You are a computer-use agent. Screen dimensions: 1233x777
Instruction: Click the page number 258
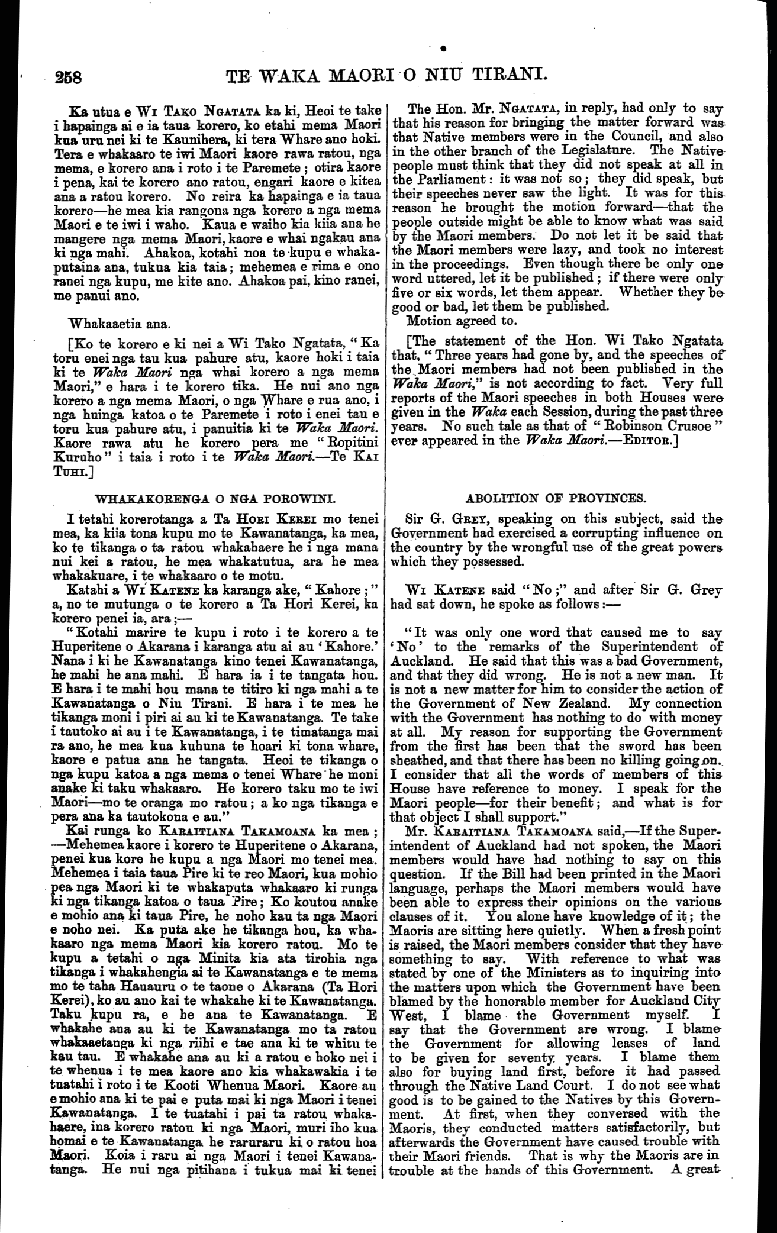tap(70, 77)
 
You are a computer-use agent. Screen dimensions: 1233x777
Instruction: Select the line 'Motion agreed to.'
tap(462, 321)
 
